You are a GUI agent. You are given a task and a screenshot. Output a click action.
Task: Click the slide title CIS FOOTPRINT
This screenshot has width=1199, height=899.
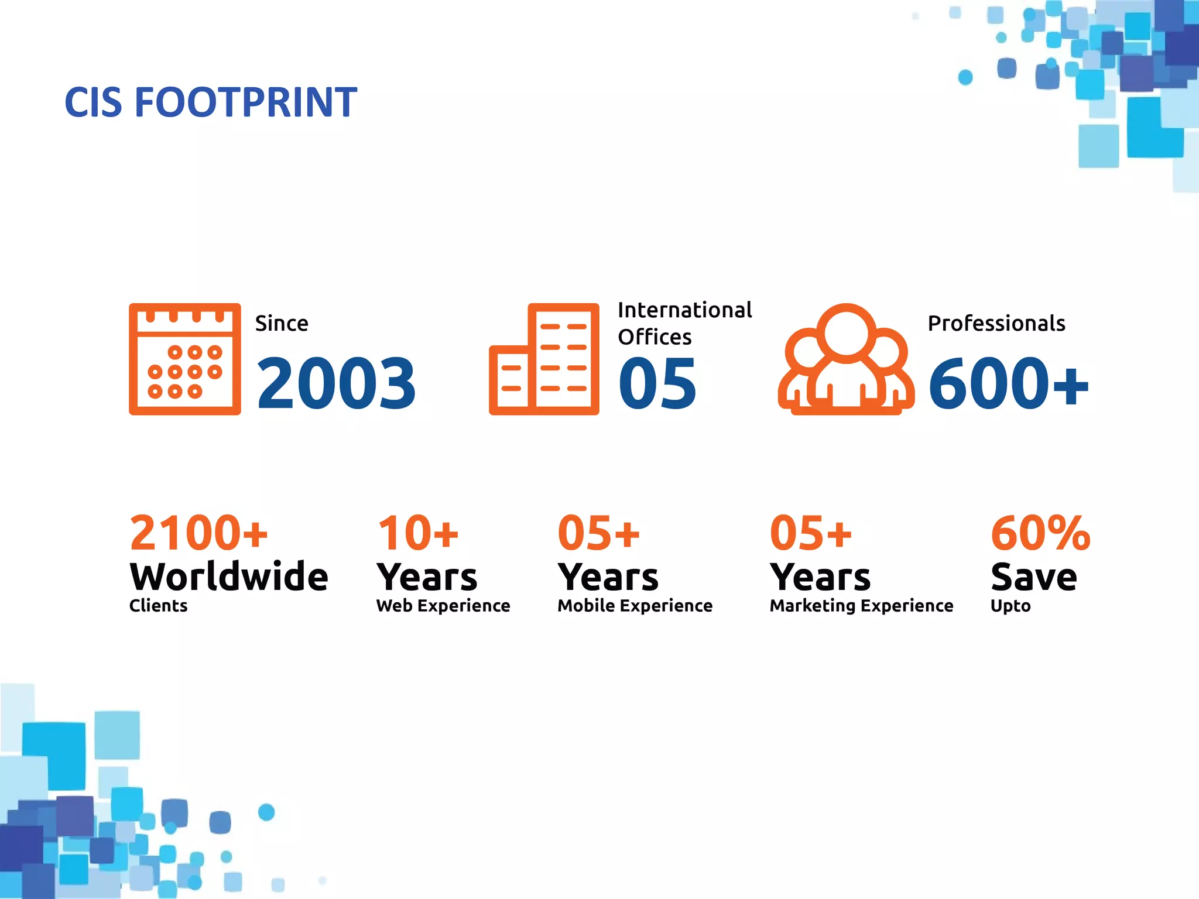tap(211, 102)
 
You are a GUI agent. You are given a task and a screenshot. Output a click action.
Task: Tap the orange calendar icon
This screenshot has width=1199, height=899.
tap(184, 359)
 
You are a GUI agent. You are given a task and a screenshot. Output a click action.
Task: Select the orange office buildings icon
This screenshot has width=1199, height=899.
tap(544, 359)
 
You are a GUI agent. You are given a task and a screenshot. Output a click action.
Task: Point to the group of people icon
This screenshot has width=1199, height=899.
tap(845, 359)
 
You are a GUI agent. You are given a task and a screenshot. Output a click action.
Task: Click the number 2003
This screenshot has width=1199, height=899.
tap(336, 383)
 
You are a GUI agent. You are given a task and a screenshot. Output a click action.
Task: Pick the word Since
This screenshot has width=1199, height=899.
tap(282, 323)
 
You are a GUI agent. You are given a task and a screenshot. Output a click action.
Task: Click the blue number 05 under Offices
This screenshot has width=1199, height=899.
tap(657, 383)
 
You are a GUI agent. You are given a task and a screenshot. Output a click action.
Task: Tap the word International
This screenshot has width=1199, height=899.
tap(684, 310)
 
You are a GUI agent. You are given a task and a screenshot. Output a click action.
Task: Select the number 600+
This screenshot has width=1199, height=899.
tap(1008, 383)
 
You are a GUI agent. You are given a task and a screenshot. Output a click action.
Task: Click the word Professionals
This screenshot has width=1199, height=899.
tap(996, 323)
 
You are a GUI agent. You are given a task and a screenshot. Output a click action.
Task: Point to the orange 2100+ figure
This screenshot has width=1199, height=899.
tap(198, 533)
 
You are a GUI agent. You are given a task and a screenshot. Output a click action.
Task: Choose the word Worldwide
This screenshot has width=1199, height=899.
tap(229, 577)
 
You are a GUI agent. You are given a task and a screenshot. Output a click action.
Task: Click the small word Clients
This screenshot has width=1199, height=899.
tap(158, 606)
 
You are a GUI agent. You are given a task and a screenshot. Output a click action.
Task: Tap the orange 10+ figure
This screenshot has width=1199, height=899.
tap(418, 533)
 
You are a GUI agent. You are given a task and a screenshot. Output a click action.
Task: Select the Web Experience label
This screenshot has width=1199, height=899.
tap(443, 606)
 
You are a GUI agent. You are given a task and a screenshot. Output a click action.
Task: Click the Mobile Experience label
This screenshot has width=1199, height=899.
tap(635, 606)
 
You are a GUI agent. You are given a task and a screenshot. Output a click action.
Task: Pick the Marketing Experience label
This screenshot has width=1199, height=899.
tap(861, 606)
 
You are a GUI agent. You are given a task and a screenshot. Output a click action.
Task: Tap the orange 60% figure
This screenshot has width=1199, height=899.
tap(1040, 533)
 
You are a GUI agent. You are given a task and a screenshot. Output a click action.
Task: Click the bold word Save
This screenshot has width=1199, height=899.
tap(1034, 577)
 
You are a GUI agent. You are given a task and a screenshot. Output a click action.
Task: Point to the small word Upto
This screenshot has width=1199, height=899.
tap(1010, 606)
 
